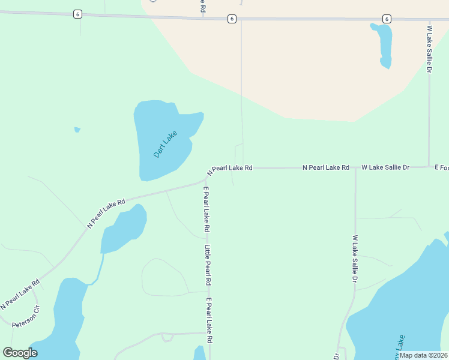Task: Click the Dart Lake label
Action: pyautogui.click(x=165, y=145)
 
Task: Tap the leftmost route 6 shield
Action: pyautogui.click(x=77, y=14)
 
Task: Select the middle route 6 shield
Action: pyautogui.click(x=232, y=19)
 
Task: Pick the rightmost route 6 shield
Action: pyautogui.click(x=387, y=19)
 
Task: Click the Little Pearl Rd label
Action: pyautogui.click(x=207, y=265)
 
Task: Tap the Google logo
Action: pyautogui.click(x=20, y=352)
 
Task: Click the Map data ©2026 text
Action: pyautogui.click(x=423, y=355)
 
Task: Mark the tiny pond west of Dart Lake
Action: pyautogui.click(x=77, y=129)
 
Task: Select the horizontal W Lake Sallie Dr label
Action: pyautogui.click(x=385, y=167)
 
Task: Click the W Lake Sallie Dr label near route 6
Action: pyautogui.click(x=429, y=49)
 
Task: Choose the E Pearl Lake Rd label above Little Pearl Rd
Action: pyautogui.click(x=206, y=209)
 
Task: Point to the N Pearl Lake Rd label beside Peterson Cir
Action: pyautogui.click(x=20, y=294)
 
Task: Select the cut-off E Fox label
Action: pyautogui.click(x=441, y=167)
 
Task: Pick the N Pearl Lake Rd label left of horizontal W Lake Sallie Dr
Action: pyautogui.click(x=325, y=167)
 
